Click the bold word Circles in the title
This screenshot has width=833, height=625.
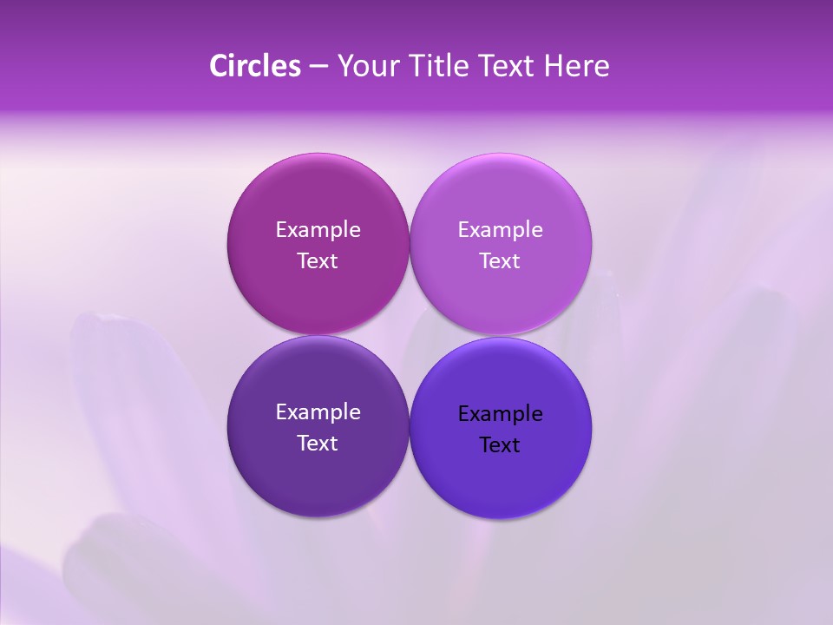pos(255,66)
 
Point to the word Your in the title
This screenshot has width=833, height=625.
pos(364,66)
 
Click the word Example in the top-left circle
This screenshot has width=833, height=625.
pos(318,229)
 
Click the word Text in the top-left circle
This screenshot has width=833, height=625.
pos(318,260)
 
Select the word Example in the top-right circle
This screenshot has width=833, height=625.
pos(500,229)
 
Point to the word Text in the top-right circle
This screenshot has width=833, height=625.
pos(500,260)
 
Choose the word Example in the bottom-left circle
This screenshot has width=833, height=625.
pos(318,411)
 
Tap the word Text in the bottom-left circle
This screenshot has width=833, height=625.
pos(318,443)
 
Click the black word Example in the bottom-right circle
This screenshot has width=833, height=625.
pos(500,413)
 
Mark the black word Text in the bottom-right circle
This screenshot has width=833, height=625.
pos(500,444)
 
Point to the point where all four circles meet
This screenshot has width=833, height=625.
pos(409,335)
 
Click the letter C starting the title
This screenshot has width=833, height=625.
pos(219,66)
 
